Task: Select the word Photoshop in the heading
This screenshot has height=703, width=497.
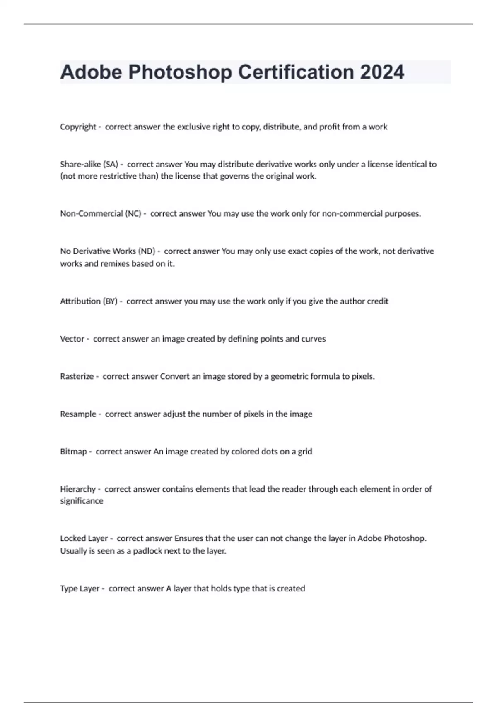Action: coord(180,72)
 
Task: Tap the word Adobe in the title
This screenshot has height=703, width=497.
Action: coord(91,72)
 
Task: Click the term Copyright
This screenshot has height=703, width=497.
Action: coord(78,127)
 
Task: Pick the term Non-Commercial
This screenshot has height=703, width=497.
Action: coord(91,214)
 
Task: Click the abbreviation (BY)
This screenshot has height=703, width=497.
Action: coord(110,301)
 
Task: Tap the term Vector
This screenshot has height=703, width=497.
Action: coord(72,339)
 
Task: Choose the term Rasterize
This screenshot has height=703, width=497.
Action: coord(77,377)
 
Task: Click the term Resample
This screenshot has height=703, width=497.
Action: coord(78,414)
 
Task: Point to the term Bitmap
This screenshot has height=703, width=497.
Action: coord(73,452)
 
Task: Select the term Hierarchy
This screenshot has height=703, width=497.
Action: coord(78,489)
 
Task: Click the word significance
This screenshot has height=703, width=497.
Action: coord(82,501)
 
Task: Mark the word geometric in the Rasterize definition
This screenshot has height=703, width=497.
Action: coord(290,377)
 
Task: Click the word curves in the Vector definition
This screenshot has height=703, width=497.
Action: coord(314,339)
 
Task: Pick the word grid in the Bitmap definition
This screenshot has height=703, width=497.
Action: coord(305,452)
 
